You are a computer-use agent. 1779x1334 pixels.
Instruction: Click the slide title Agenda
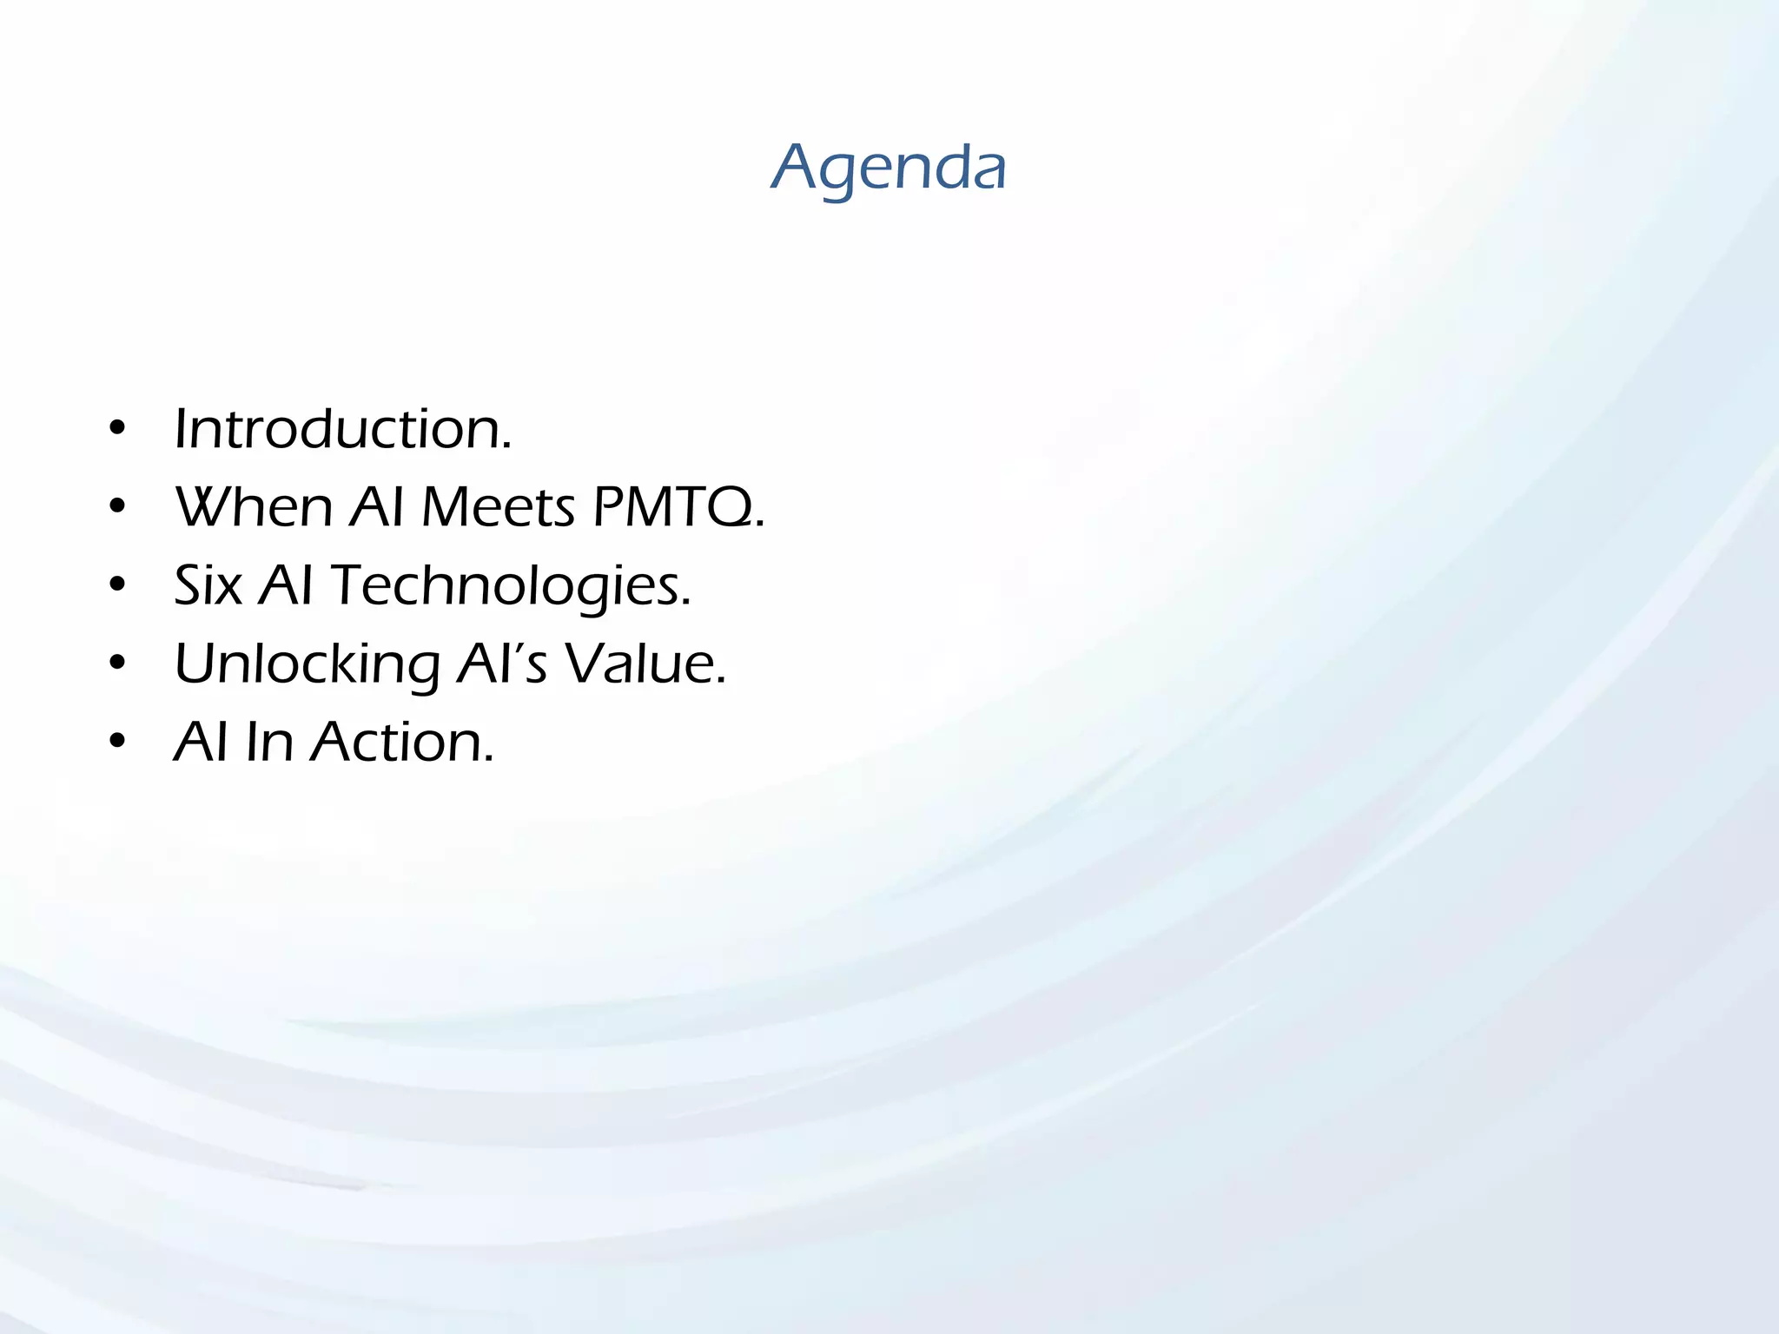[x=889, y=167]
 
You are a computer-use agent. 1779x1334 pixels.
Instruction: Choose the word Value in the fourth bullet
[x=644, y=664]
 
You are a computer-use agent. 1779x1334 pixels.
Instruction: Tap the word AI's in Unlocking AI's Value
[x=502, y=664]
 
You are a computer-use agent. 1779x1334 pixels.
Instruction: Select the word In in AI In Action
[x=269, y=742]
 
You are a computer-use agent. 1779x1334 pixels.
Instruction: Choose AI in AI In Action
[x=202, y=742]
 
